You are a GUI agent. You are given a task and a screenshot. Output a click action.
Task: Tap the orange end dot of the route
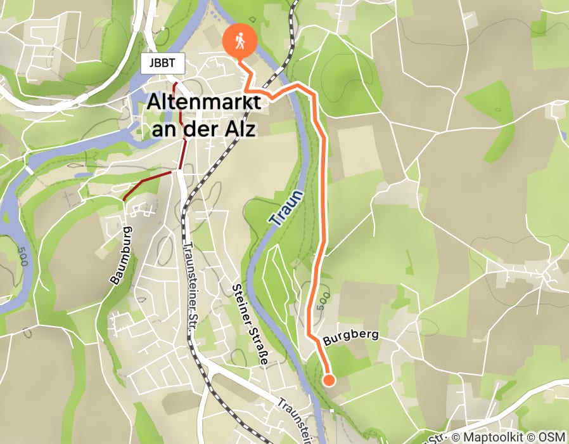pos(329,381)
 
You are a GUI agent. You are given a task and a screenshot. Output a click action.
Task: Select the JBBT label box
pos(163,63)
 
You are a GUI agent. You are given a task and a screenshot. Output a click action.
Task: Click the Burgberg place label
pos(350,336)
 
